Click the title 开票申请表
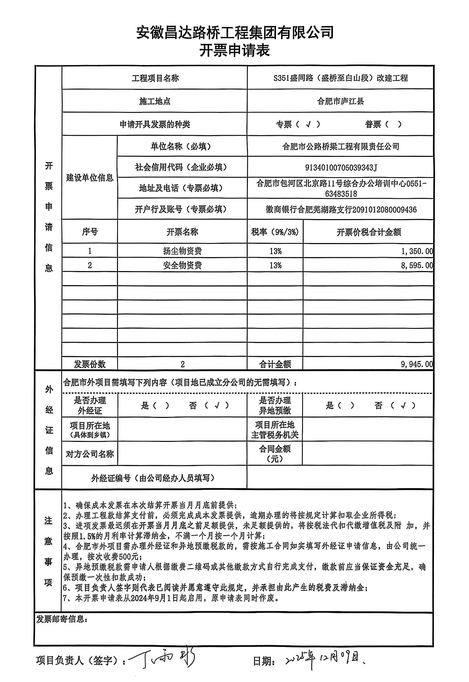point(234,50)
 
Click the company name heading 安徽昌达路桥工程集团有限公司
point(234,32)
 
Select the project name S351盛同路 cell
point(341,78)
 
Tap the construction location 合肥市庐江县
point(341,101)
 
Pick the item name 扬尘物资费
point(182,251)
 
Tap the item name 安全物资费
point(182,265)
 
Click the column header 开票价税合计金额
point(368,232)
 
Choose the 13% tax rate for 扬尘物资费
point(275,251)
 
